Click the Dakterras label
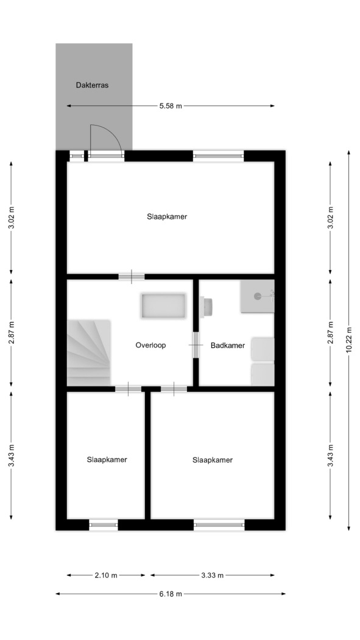[x=92, y=85]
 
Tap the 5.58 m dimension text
[x=171, y=106]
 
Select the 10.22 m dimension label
[x=348, y=340]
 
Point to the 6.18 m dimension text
[x=171, y=594]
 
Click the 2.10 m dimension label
[x=106, y=575]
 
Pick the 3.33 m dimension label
[x=213, y=575]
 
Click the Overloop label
[x=151, y=346]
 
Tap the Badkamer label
[x=228, y=346]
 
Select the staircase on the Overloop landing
[x=89, y=353]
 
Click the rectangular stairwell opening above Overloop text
[x=163, y=306]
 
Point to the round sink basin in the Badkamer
[x=257, y=296]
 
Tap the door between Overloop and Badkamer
[x=196, y=345]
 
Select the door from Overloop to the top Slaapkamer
[x=132, y=276]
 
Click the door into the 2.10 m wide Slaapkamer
[x=128, y=389]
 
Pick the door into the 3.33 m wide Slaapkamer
[x=174, y=389]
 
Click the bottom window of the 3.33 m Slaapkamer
[x=219, y=524]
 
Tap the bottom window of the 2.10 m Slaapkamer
[x=104, y=524]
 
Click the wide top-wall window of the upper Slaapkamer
[x=218, y=155]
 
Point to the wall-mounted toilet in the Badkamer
[x=208, y=307]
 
